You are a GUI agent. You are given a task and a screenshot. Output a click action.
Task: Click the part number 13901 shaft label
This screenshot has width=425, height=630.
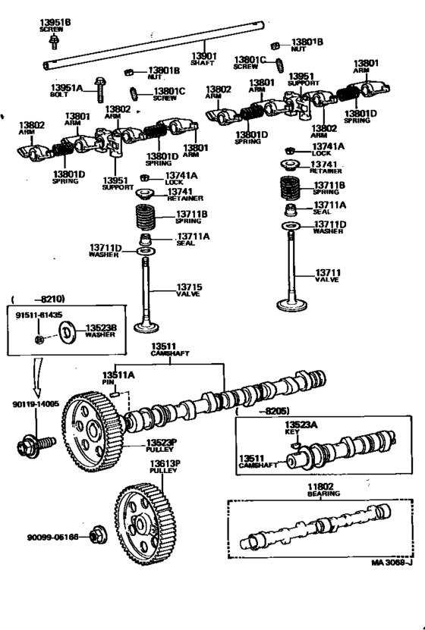tap(203, 59)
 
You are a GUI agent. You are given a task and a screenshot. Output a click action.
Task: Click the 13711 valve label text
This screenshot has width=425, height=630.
tap(329, 276)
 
